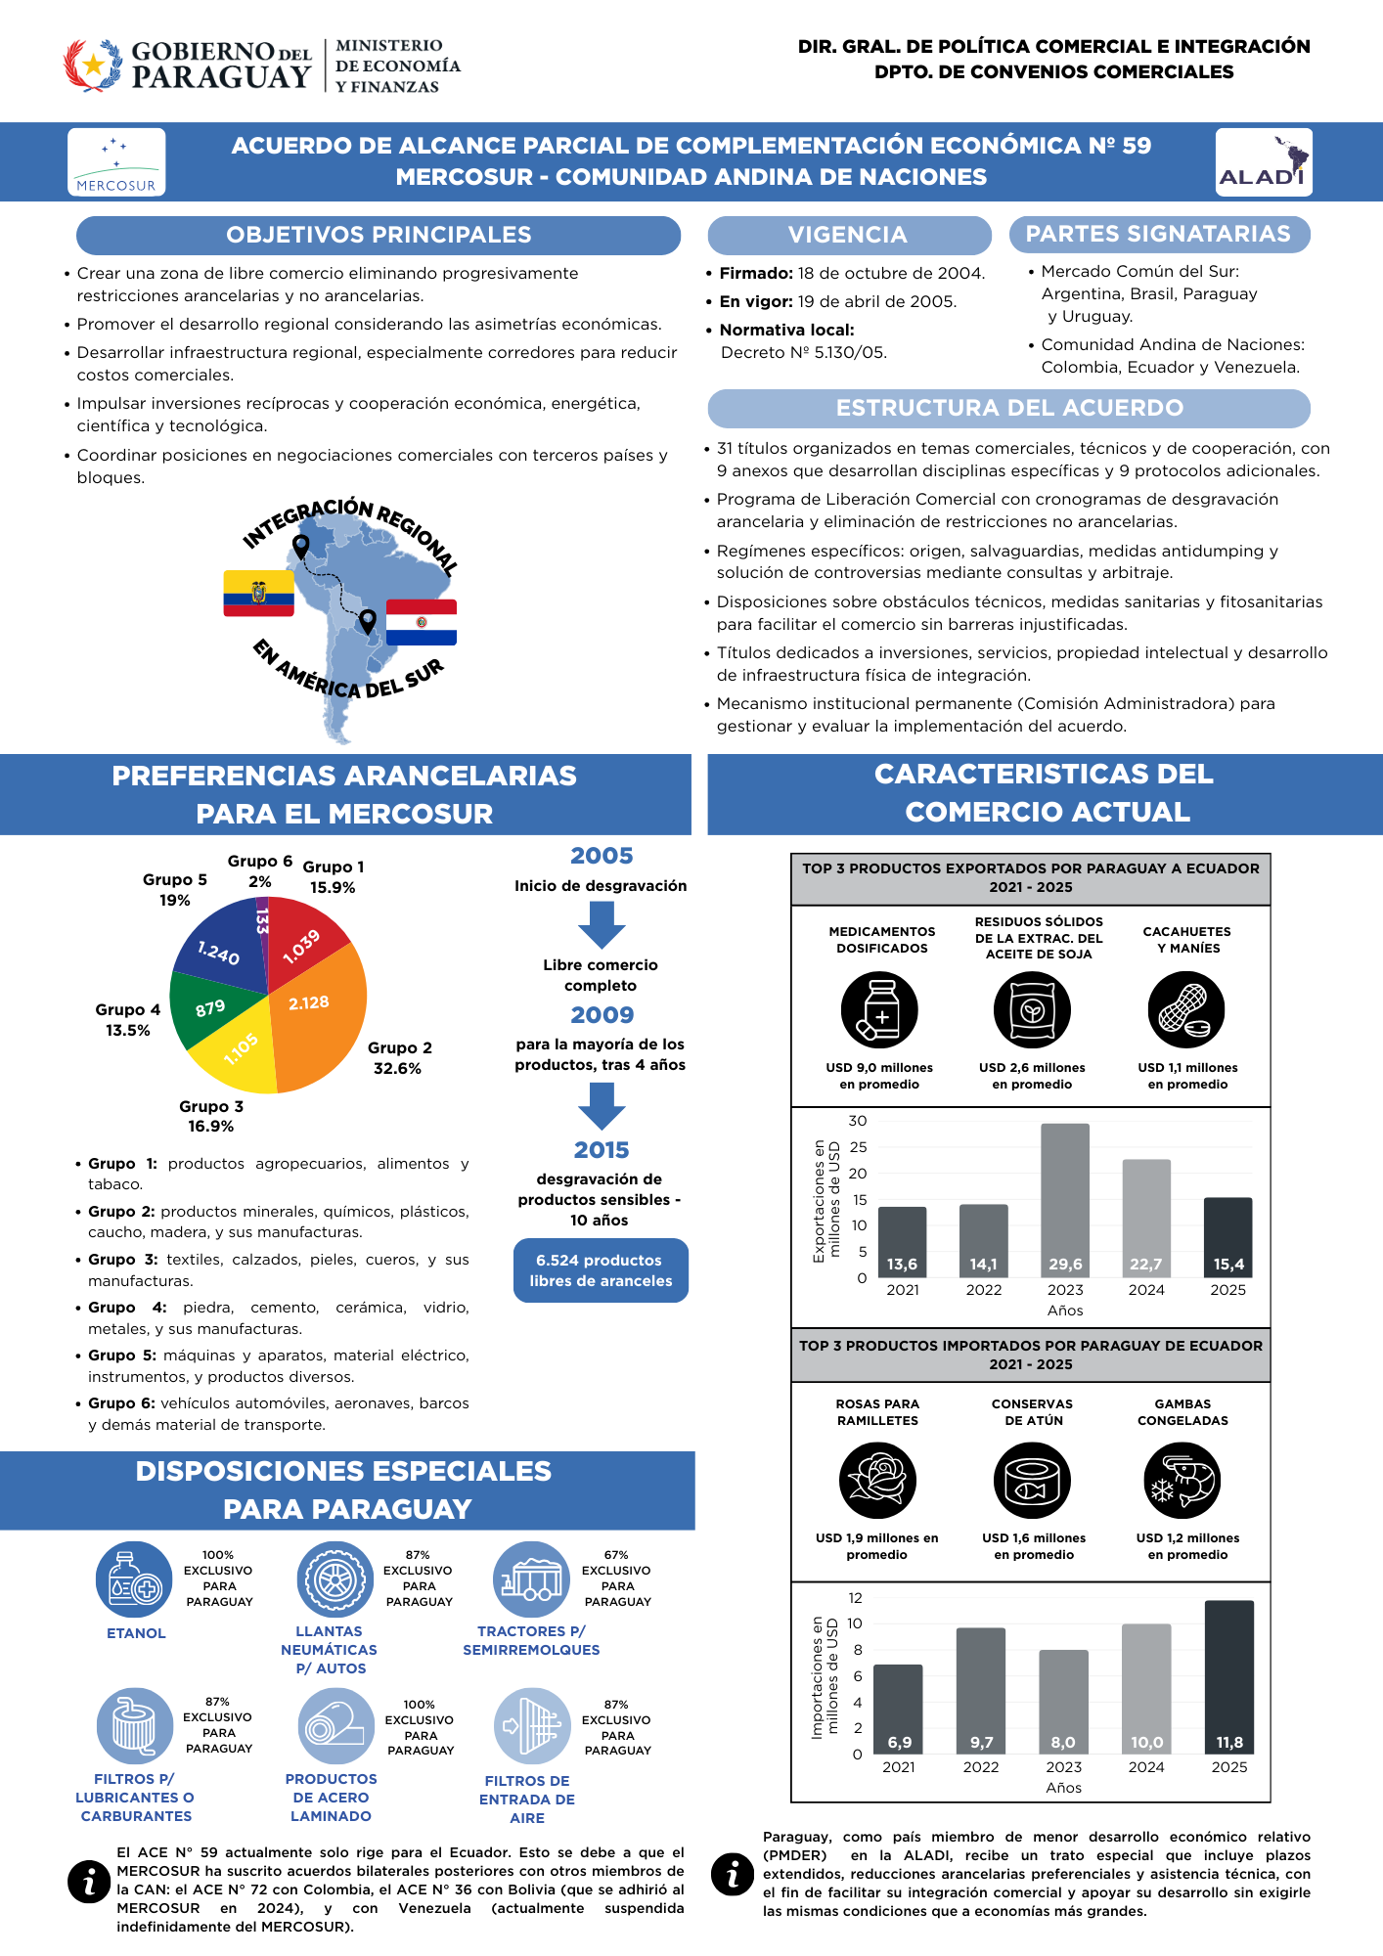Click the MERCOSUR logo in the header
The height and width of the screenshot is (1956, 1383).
(116, 162)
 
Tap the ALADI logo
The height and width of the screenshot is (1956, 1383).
(1263, 162)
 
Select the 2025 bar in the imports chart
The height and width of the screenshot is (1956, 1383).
(1229, 1676)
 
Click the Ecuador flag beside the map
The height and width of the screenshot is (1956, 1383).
(258, 593)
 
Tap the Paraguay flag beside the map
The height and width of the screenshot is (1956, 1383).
(422, 622)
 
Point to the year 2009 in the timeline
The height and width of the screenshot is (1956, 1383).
(602, 1015)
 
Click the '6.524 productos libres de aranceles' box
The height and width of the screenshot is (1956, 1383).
(601, 1270)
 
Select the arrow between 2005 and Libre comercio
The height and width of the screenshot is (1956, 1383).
(602, 924)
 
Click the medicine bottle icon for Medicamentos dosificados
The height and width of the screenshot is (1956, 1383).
(879, 1010)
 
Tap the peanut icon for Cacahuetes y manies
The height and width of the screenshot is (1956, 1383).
(1186, 1010)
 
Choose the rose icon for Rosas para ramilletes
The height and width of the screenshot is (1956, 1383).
(877, 1481)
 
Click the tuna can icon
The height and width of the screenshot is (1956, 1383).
(1032, 1481)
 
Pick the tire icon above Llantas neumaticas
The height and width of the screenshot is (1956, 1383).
(335, 1578)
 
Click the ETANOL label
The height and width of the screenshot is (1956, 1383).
(136, 1633)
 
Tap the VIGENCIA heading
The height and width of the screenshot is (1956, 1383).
(848, 235)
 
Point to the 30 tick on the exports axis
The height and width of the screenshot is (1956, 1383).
(858, 1121)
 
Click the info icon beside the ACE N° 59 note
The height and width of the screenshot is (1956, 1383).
(89, 1881)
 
